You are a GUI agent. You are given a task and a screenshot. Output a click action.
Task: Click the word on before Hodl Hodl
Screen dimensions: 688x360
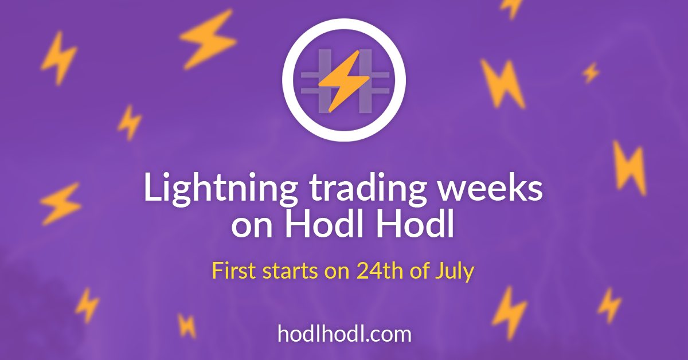click(252, 226)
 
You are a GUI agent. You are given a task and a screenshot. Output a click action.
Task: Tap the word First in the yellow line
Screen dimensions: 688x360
click(234, 271)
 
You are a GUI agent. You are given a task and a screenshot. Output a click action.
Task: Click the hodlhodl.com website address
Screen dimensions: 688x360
click(345, 334)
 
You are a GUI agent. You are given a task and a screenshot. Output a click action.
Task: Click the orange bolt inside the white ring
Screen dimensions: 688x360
click(344, 80)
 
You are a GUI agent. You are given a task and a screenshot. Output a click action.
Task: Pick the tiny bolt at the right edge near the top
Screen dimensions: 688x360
click(591, 72)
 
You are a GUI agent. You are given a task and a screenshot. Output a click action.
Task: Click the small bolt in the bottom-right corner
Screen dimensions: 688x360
click(609, 306)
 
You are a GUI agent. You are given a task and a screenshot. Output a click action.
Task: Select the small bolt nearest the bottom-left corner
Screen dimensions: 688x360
click(87, 306)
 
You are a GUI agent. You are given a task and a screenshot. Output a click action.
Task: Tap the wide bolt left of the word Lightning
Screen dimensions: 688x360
click(61, 204)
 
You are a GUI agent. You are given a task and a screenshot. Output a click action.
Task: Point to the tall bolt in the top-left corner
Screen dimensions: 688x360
click(59, 58)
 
